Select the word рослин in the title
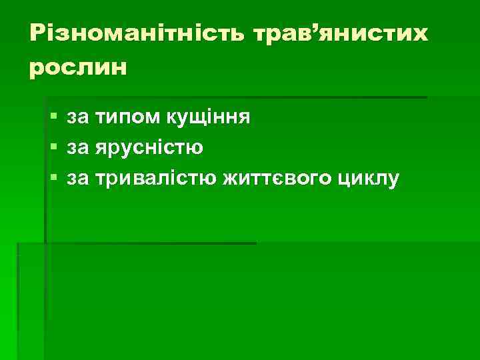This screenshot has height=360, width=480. click(x=77, y=67)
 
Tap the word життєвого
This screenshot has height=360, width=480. click(x=280, y=179)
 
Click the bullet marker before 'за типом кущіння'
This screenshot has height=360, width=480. click(x=53, y=118)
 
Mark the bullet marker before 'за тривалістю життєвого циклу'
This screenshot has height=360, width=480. click(x=53, y=178)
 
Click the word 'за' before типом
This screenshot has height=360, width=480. click(x=77, y=119)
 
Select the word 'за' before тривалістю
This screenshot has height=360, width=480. click(x=77, y=179)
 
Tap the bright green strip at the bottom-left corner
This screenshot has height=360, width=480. click(x=8, y=333)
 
